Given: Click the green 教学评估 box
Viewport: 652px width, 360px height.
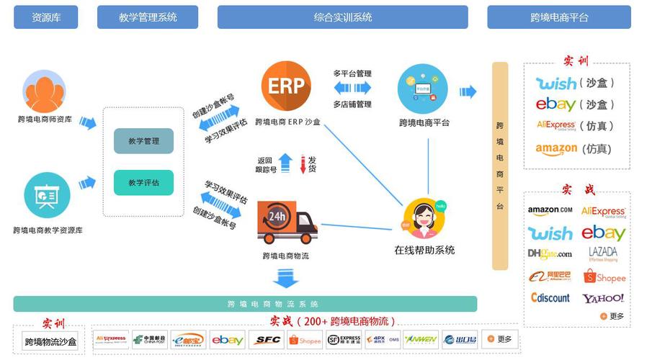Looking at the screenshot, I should [x=143, y=182].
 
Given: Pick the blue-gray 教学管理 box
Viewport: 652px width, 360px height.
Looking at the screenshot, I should [x=143, y=141].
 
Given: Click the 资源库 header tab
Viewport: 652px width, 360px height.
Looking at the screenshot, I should [x=46, y=17].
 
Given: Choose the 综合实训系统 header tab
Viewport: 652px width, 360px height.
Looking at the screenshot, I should [x=342, y=17].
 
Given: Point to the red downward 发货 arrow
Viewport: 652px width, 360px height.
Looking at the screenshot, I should [x=303, y=165].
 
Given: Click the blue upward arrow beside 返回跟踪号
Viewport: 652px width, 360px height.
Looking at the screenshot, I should [x=285, y=163].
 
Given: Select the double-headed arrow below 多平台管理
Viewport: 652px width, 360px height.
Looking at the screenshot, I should [x=352, y=88].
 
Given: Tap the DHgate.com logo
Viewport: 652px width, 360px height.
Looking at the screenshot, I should [x=550, y=253].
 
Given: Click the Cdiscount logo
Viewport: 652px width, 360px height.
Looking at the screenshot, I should [x=550, y=297].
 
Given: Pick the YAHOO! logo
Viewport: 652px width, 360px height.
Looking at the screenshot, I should [x=603, y=297].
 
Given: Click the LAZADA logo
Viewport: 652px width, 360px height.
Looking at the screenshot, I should [x=603, y=253].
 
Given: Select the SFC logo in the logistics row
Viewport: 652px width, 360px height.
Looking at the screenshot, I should [x=269, y=340].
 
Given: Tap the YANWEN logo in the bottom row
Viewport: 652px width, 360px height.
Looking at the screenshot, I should [x=421, y=340].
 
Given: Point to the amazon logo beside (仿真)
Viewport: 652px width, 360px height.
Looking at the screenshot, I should [x=556, y=149].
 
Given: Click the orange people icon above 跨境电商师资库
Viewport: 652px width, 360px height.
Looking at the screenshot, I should [x=45, y=91].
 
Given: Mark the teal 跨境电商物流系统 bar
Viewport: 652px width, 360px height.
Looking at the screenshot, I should [x=245, y=304].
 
